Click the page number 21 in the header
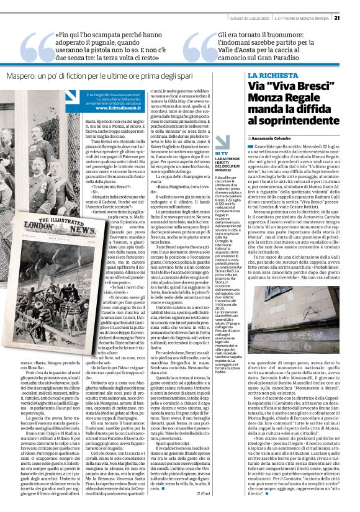click(x=353, y=17)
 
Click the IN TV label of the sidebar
click(x=221, y=153)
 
